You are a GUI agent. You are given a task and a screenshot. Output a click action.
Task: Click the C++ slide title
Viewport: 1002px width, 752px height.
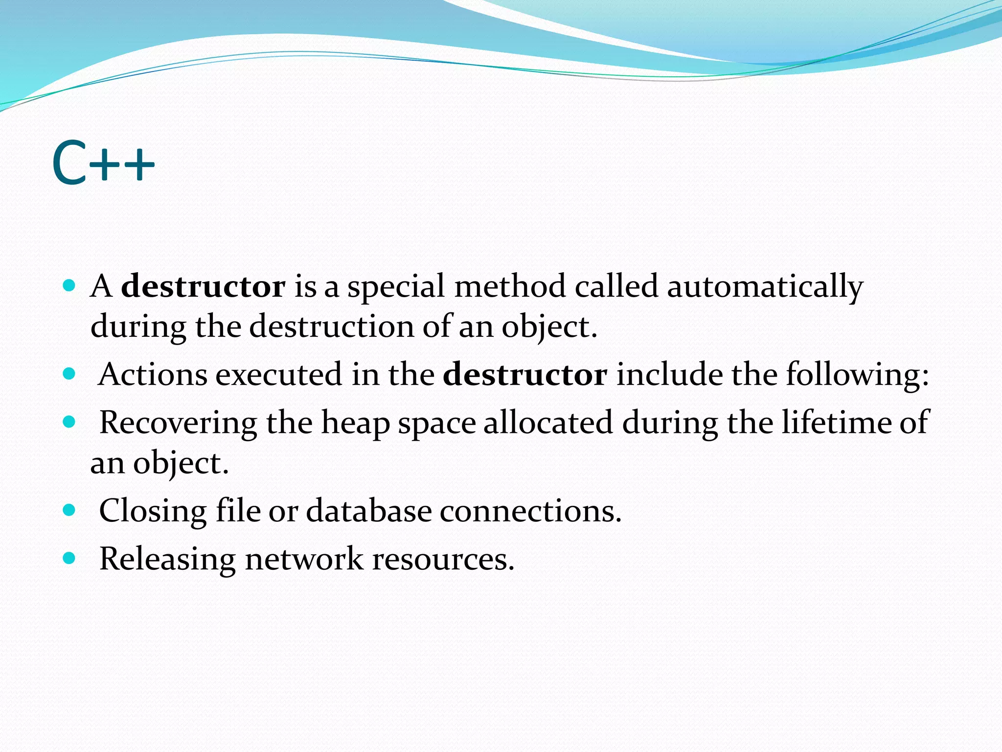[x=103, y=163]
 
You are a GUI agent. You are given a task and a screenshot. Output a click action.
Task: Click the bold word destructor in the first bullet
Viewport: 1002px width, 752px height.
[x=203, y=286]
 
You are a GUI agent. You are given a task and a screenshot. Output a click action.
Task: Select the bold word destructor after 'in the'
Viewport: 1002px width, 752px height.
[x=525, y=375]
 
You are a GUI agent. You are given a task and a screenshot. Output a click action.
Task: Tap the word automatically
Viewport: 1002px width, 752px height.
[x=765, y=286]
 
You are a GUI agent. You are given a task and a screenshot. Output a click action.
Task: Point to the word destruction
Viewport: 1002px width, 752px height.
[x=332, y=327]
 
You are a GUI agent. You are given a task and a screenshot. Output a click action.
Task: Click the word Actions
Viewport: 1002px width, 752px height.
[x=153, y=375]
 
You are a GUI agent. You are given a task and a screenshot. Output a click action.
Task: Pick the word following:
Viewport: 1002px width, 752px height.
[x=857, y=375]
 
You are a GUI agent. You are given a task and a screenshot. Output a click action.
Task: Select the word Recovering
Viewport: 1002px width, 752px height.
[x=178, y=423]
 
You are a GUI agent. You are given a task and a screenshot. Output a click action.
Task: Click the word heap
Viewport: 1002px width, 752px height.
[x=355, y=423]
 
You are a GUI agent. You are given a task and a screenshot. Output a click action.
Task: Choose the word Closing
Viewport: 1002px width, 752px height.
[x=153, y=511]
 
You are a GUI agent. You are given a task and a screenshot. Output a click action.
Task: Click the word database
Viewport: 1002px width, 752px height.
[x=369, y=511]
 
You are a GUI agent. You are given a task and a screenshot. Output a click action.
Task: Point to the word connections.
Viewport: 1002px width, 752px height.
[x=530, y=511]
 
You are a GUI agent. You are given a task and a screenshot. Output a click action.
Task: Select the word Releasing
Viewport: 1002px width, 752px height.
[x=167, y=559]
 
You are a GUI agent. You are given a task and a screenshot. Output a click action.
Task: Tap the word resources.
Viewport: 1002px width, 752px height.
[x=443, y=559]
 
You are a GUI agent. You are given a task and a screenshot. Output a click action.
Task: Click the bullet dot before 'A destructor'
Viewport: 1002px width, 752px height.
[x=69, y=285]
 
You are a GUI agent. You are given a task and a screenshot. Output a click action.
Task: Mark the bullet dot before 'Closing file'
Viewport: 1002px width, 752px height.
[x=69, y=510]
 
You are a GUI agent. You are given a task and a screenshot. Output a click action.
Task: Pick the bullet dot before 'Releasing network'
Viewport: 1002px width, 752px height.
[x=69, y=558]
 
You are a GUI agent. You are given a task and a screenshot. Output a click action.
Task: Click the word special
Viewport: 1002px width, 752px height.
[x=396, y=286]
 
